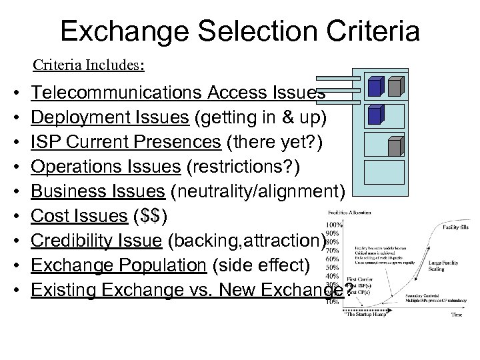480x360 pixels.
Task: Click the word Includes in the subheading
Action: click(x=117, y=66)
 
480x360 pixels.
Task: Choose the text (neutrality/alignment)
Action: click(x=257, y=193)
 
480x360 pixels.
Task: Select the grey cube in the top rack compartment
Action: click(x=395, y=86)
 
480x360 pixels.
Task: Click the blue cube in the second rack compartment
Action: click(x=376, y=115)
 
